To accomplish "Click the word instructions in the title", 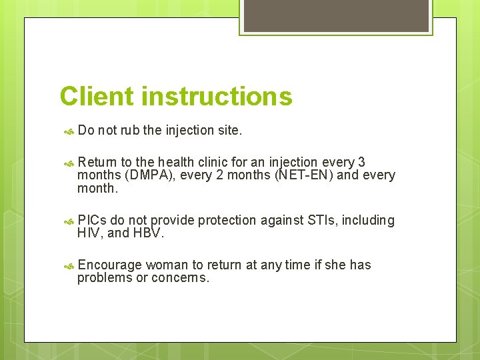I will coord(217,97).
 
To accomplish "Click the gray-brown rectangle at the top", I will coord(336,15).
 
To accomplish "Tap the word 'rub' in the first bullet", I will coord(130,131).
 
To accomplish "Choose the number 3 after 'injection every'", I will coord(361,162).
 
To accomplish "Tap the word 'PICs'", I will coord(92,221).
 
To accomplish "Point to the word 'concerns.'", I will coord(181,278).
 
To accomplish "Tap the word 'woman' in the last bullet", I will coord(166,265).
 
